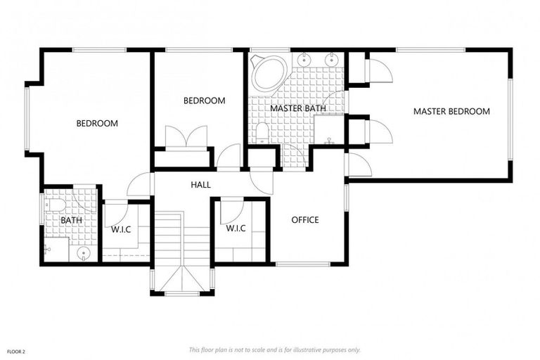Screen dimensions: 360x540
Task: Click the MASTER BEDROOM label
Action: click(x=451, y=111)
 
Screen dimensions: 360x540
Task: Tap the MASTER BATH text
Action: click(x=297, y=109)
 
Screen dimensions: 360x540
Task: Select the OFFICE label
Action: click(x=305, y=220)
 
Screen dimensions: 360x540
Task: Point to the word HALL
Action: click(x=200, y=185)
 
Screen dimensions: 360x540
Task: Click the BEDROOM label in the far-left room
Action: click(x=97, y=123)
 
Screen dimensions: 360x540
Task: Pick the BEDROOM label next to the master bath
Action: click(x=204, y=101)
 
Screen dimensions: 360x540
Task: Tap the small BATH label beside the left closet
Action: click(x=71, y=221)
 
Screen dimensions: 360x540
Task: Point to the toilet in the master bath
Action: click(x=262, y=132)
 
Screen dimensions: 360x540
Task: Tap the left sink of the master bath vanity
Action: click(x=304, y=59)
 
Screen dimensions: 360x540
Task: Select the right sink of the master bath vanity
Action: click(x=330, y=59)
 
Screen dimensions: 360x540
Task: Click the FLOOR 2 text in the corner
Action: click(x=17, y=350)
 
